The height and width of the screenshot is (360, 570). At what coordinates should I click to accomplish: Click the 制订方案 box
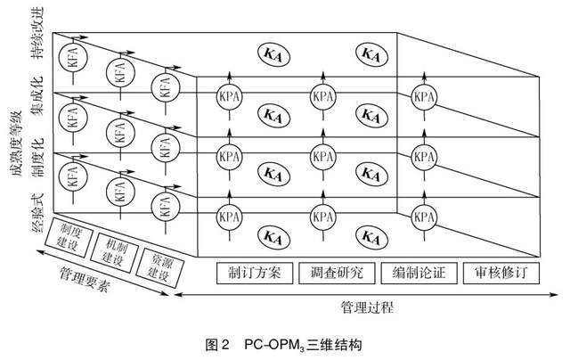[254, 273]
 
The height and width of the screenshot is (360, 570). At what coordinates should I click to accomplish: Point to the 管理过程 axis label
[366, 307]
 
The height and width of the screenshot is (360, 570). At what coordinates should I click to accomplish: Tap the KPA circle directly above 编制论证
[425, 214]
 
